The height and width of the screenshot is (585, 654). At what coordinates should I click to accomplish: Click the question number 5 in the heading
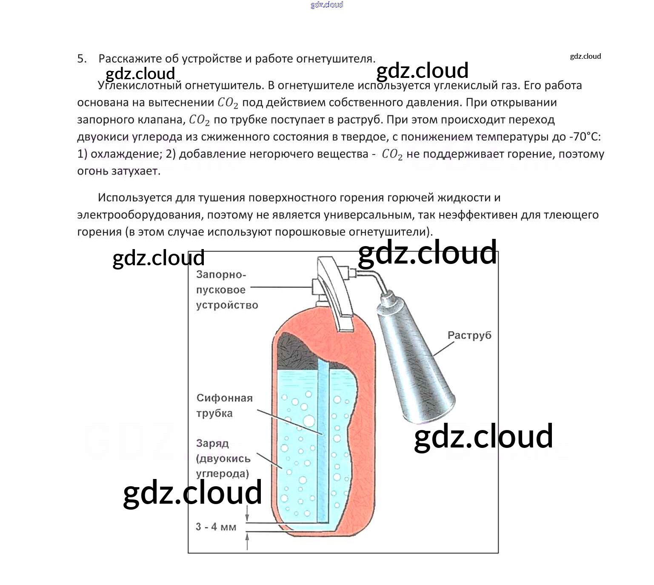[81, 59]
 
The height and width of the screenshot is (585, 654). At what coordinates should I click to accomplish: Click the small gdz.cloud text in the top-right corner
[585, 56]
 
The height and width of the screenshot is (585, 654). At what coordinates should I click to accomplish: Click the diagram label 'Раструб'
[469, 335]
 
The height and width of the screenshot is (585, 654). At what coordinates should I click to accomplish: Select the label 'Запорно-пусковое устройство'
[227, 290]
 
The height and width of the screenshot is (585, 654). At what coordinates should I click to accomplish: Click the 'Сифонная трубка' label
[224, 405]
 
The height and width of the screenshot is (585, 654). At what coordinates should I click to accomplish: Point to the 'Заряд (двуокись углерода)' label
[223, 459]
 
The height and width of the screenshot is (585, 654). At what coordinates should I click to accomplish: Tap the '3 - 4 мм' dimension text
[216, 527]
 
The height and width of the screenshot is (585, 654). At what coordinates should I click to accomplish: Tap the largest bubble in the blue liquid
[308, 421]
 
